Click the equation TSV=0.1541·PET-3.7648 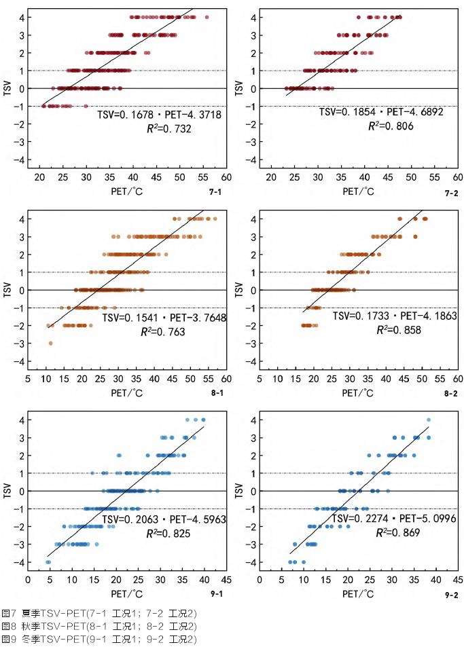click(x=164, y=317)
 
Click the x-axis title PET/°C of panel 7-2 click(x=358, y=191)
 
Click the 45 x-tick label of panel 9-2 click(x=458, y=580)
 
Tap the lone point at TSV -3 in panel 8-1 click(x=50, y=344)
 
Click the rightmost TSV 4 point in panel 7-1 click(x=207, y=17)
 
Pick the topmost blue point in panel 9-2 click(x=428, y=420)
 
